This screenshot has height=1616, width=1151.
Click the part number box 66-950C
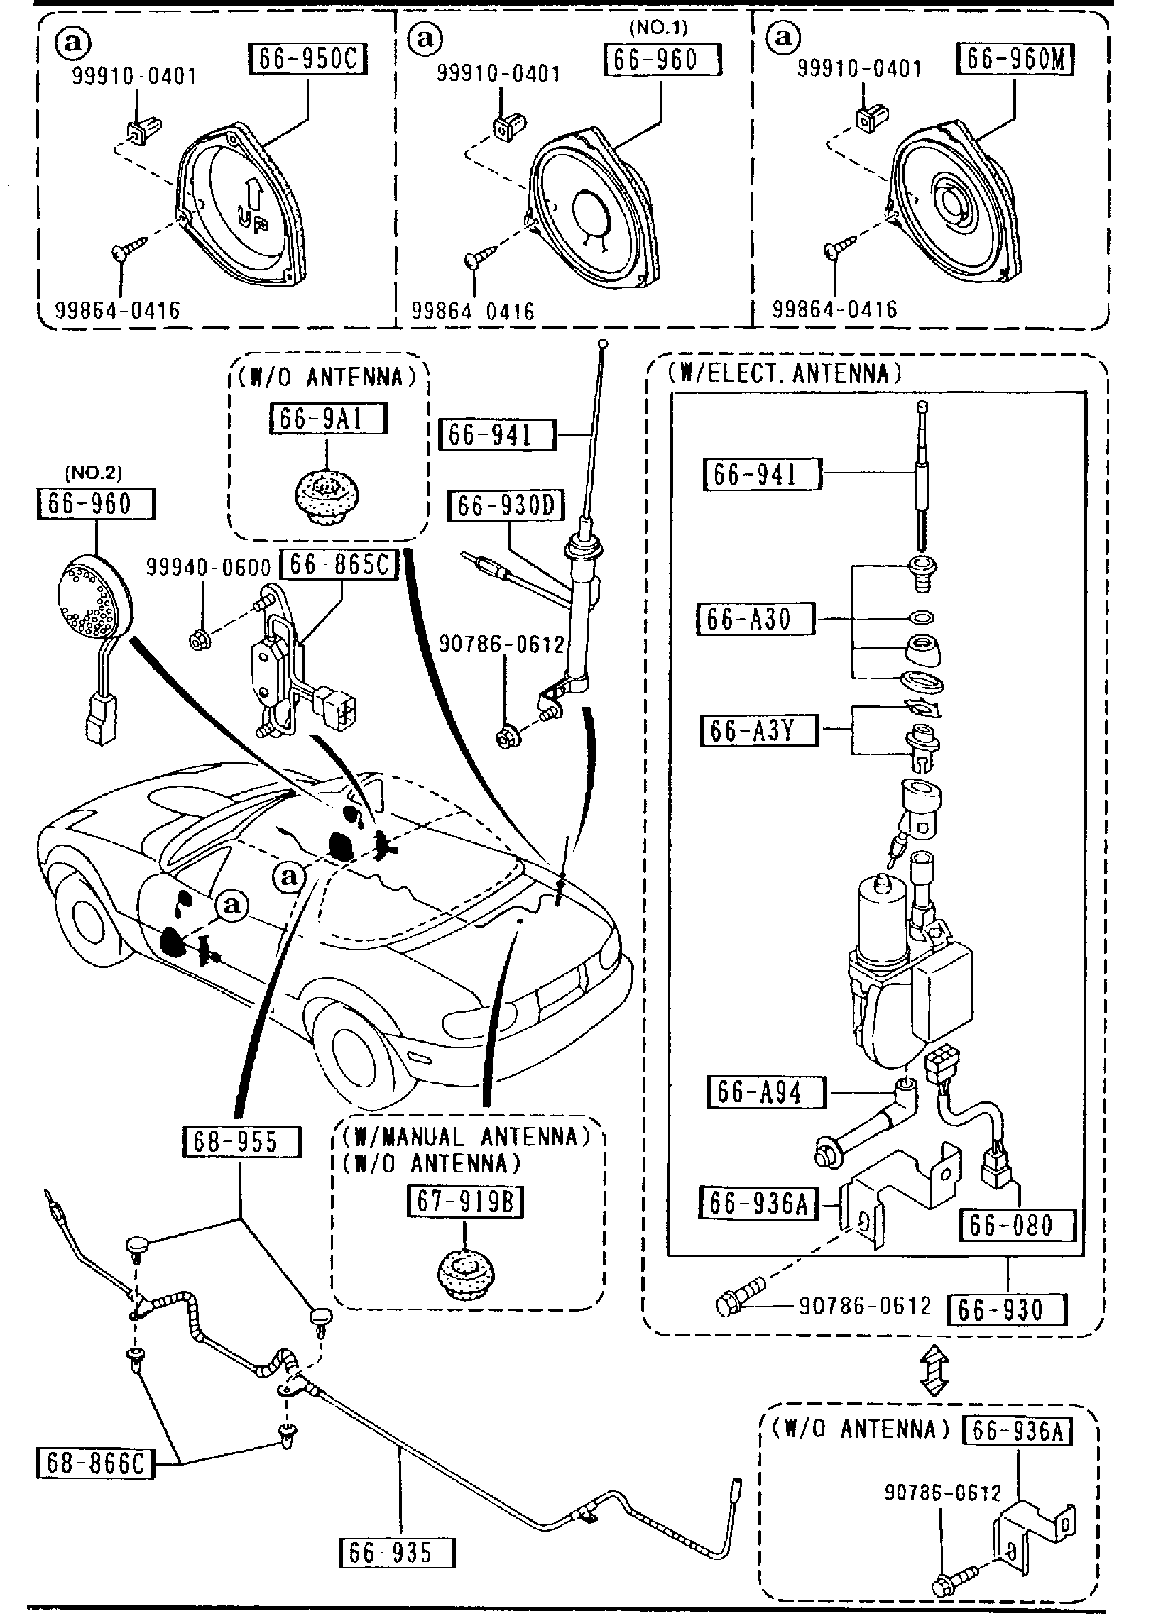(x=307, y=60)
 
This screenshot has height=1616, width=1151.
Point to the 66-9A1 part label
(x=327, y=419)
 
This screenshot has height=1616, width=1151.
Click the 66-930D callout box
(x=506, y=507)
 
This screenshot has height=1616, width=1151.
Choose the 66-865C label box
(x=339, y=565)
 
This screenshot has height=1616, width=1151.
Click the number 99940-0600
(x=209, y=567)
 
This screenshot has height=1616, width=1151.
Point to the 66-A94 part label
(x=766, y=1092)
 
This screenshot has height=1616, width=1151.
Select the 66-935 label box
(x=397, y=1552)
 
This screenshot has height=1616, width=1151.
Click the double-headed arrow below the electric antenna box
(x=932, y=1373)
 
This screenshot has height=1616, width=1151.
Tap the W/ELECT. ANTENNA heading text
(x=785, y=374)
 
